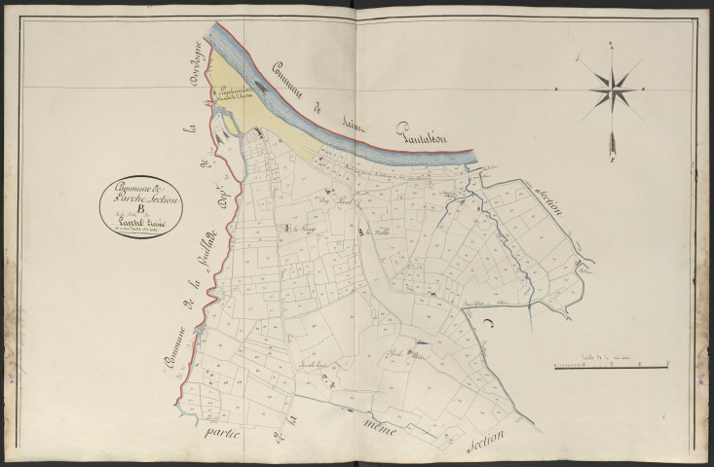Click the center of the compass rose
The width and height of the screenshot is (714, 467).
click(x=613, y=90)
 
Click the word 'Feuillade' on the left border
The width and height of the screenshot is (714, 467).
click(x=207, y=276)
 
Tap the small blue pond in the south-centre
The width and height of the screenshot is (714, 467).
click(x=420, y=343)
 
